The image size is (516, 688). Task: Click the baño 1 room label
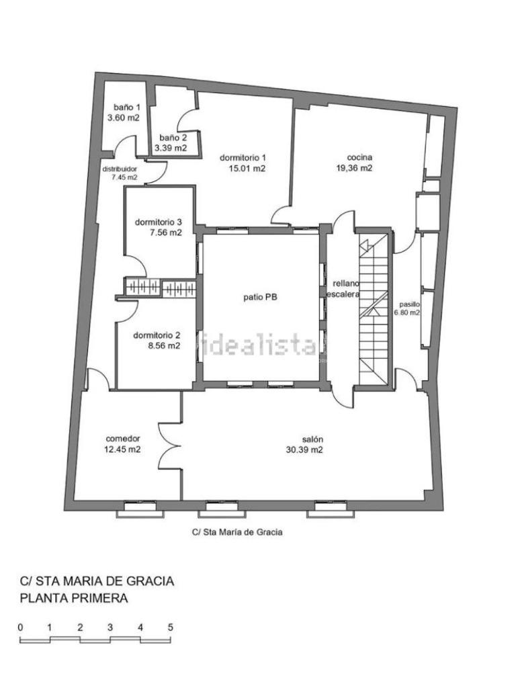(x=127, y=107)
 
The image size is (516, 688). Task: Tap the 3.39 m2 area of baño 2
(x=170, y=148)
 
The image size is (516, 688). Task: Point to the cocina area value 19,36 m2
(x=354, y=168)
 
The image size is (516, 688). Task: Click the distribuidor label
(x=120, y=169)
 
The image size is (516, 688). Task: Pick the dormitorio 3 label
(x=159, y=222)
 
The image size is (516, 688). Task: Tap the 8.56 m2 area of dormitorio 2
(x=164, y=346)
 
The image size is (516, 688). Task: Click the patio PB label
(x=261, y=297)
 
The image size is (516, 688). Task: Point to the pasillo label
(x=410, y=304)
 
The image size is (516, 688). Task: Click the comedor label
(x=123, y=438)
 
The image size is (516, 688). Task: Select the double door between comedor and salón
(x=170, y=446)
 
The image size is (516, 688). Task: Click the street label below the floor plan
(x=237, y=532)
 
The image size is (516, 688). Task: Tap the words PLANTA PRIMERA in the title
(x=74, y=598)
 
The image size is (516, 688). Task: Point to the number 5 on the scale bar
(x=170, y=628)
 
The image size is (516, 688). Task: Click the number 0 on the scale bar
(x=21, y=628)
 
